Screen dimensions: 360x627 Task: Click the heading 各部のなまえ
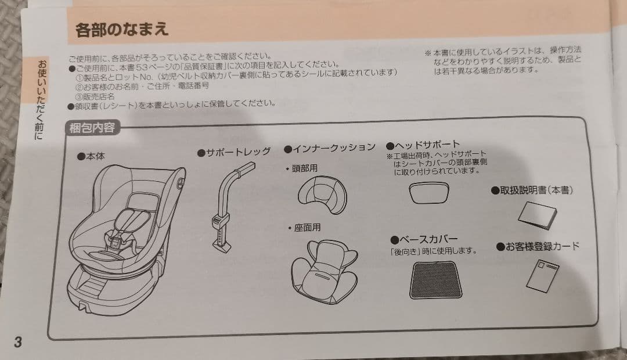pyautogui.click(x=122, y=29)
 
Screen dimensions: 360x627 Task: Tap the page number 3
pyautogui.click(x=18, y=341)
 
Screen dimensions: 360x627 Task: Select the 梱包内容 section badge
pyautogui.click(x=92, y=128)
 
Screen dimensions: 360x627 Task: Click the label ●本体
pyautogui.click(x=91, y=156)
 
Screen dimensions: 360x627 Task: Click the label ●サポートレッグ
pyautogui.click(x=234, y=152)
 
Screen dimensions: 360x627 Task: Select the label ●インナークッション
pyautogui.click(x=329, y=148)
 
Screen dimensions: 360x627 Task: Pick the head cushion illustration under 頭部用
pyautogui.click(x=322, y=194)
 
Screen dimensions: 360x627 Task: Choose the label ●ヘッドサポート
pyautogui.click(x=423, y=145)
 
